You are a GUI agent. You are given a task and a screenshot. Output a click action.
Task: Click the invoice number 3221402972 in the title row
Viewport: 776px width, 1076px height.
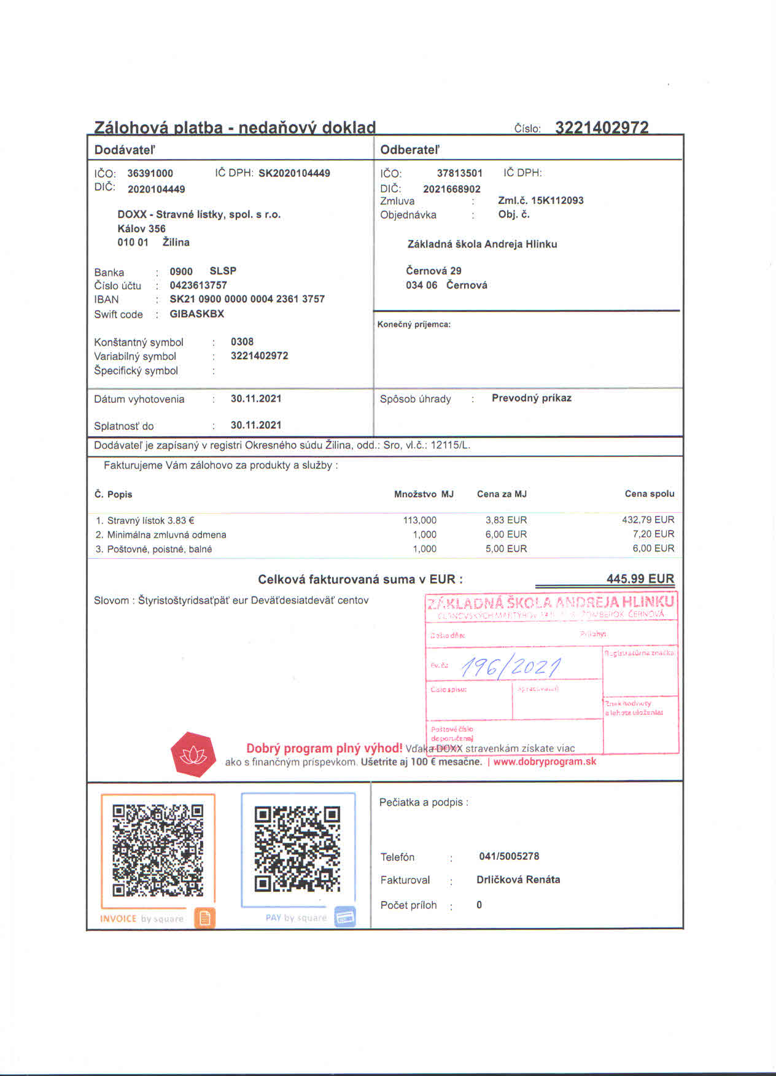(x=602, y=127)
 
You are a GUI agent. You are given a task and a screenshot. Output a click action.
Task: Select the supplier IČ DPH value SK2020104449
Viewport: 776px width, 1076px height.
(x=294, y=173)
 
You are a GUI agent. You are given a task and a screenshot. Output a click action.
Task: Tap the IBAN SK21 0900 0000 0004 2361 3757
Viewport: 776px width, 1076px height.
(x=247, y=299)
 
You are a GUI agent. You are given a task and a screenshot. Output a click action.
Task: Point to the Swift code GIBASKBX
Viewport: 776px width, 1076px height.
(x=196, y=314)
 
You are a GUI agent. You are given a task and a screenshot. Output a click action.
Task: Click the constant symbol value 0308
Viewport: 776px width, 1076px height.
(x=242, y=341)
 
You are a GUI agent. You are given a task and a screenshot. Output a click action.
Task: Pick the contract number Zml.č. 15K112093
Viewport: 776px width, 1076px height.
(x=540, y=200)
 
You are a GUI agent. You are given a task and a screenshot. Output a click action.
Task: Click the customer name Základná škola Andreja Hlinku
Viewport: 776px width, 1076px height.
(x=482, y=244)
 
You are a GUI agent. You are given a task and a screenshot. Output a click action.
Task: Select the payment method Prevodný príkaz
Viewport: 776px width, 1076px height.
(x=531, y=398)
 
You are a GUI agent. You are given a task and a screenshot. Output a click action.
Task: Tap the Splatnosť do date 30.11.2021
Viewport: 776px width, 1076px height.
(x=256, y=425)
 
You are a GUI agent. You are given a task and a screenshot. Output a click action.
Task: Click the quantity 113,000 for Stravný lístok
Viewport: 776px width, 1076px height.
(x=420, y=520)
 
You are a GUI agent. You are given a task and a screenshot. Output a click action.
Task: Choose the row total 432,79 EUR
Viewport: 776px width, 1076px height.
(x=648, y=520)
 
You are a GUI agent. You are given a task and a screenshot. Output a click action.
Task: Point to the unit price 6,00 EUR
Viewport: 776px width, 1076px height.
(x=506, y=534)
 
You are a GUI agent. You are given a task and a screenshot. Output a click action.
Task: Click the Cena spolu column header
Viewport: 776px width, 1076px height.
(x=649, y=494)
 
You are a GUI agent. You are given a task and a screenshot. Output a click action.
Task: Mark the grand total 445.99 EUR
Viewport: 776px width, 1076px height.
(x=640, y=579)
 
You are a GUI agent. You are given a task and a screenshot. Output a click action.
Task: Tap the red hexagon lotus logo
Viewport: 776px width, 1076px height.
(x=193, y=754)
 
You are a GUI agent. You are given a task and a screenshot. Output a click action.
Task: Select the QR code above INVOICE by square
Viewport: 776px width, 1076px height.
(x=158, y=850)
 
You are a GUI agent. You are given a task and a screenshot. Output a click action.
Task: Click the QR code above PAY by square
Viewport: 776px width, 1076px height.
(x=298, y=849)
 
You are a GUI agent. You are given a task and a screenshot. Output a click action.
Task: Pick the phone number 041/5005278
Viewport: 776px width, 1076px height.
(x=509, y=856)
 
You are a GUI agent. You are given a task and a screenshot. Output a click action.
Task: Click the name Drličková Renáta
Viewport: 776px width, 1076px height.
(x=518, y=879)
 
